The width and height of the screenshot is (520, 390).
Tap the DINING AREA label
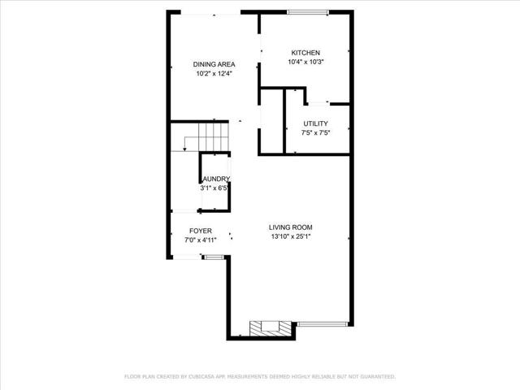point(214,64)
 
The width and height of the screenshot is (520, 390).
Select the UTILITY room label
point(316,123)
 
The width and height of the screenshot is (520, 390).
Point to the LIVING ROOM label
point(291,227)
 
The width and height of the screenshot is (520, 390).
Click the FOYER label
point(201,231)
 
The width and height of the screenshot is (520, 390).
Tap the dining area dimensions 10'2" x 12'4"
point(214,74)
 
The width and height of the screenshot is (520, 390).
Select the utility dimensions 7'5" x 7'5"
point(316,133)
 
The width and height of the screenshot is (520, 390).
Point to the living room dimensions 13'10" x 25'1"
point(291,237)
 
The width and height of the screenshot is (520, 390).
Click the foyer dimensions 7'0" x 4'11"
point(201,240)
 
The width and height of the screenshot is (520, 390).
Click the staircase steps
point(216,133)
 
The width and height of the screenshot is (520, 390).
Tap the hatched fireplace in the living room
point(266,327)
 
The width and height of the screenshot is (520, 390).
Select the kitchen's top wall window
point(307,11)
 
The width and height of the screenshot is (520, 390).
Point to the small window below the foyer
point(213,257)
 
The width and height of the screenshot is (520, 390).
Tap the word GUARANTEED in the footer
point(375,377)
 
